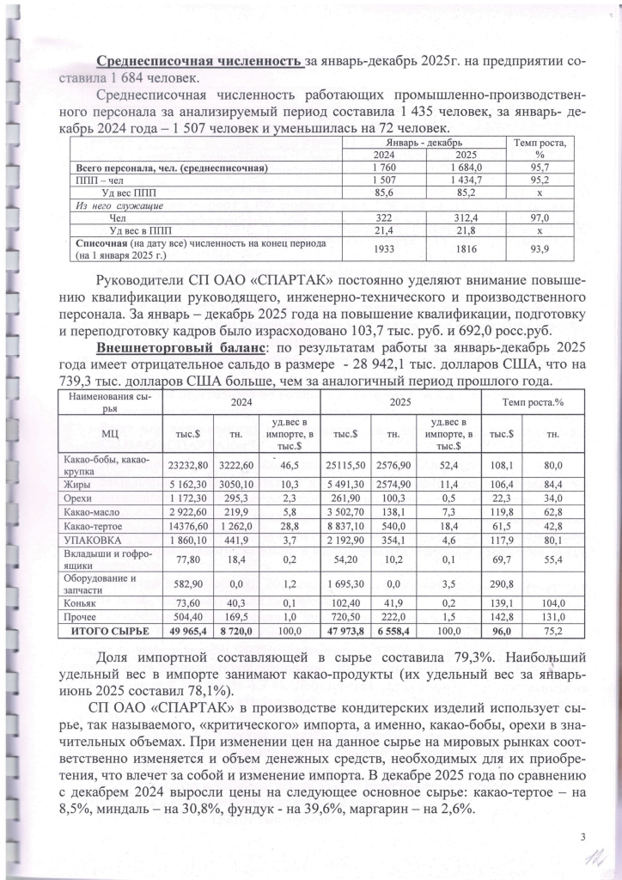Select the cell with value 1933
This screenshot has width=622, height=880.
pos(383,249)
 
